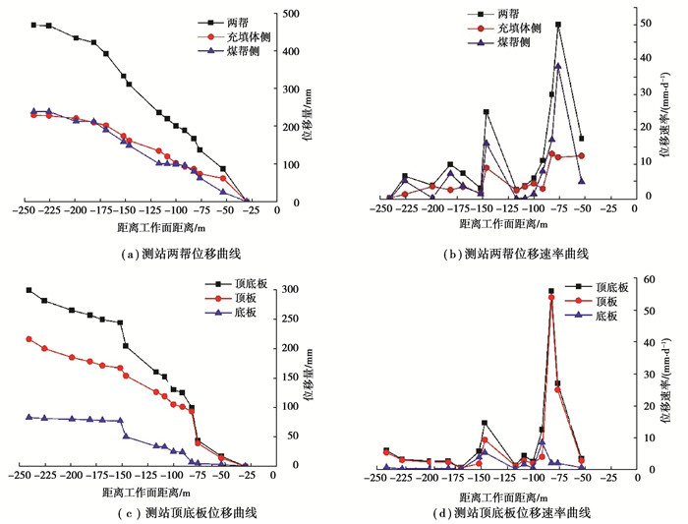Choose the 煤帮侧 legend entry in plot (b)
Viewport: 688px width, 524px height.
511,43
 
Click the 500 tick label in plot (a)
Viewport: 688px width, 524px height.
292,14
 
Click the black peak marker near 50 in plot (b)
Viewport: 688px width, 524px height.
558,25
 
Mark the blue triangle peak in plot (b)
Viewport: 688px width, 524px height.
558,66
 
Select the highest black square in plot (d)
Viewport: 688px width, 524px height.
550,291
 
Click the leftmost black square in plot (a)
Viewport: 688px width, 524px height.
33,25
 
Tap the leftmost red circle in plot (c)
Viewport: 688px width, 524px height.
29,339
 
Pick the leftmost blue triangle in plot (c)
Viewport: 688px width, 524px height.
29,417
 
